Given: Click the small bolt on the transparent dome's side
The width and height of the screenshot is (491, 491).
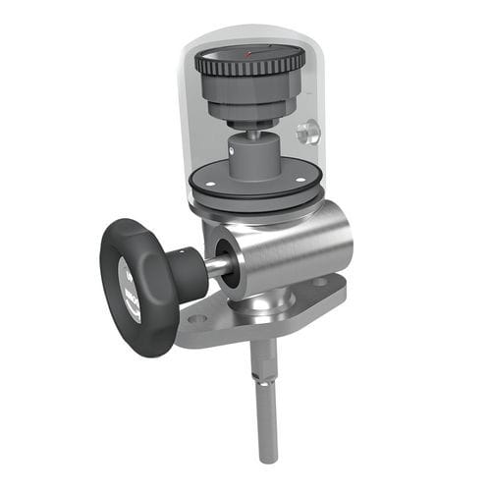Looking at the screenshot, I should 307,132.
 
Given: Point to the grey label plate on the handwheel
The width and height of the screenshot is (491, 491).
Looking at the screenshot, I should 130,289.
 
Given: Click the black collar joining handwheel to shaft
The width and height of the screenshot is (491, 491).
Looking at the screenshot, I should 187,274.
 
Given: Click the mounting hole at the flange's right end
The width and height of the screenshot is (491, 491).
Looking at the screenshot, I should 321,281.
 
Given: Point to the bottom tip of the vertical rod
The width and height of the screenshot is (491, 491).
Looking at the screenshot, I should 265,457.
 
